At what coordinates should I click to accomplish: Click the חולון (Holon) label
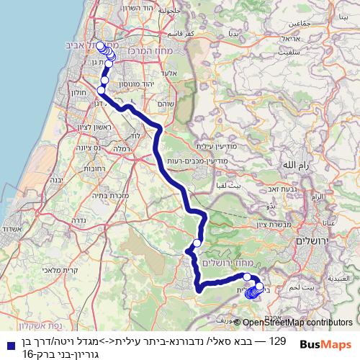81,92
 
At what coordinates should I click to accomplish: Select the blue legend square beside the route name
6,345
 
